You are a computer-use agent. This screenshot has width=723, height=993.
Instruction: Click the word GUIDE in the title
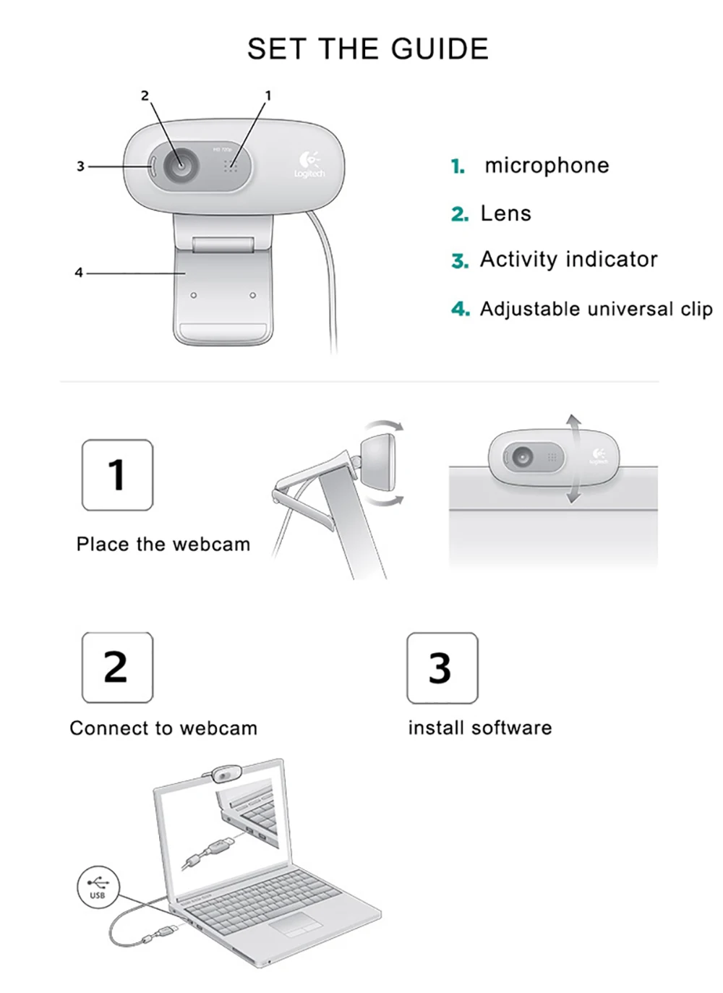[440, 49]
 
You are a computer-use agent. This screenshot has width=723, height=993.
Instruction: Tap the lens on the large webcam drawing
[180, 165]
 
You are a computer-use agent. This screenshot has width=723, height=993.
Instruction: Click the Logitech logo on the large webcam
[309, 164]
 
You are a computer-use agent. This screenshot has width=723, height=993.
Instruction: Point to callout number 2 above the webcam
[145, 95]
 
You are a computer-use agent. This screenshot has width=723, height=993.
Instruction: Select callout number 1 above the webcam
[268, 95]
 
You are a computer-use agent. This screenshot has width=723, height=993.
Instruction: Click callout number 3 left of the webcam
[80, 166]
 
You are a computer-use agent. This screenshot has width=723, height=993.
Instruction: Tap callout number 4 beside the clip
[79, 273]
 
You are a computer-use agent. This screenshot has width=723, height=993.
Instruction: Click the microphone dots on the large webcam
[230, 166]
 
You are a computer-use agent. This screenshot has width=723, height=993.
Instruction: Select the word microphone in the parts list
[547, 166]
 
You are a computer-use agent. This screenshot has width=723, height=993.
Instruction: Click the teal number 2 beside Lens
[460, 214]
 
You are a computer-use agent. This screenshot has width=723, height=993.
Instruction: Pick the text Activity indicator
[569, 259]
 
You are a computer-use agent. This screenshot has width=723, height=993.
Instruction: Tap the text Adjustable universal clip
[596, 309]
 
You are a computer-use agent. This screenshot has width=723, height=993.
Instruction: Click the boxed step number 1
[117, 475]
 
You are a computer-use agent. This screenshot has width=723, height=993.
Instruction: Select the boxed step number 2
[117, 667]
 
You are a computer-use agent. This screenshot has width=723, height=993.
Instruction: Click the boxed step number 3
[442, 668]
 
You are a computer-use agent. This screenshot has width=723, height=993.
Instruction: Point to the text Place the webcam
[163, 544]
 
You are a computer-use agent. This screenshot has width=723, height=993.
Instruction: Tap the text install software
[480, 728]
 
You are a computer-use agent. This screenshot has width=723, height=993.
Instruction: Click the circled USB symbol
[98, 887]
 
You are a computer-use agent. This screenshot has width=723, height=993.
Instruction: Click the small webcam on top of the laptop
[225, 775]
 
